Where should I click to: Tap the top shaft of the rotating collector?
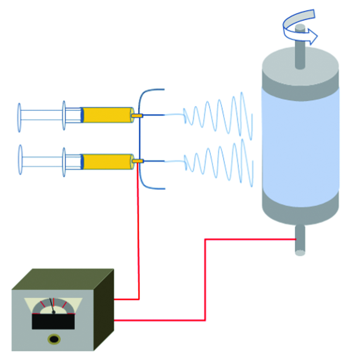300,54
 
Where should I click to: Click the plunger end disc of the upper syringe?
19,117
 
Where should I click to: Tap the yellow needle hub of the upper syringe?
137,116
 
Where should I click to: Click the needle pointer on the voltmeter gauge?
52,305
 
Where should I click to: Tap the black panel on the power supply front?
53,321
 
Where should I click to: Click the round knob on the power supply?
54,339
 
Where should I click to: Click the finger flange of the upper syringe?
64,115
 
